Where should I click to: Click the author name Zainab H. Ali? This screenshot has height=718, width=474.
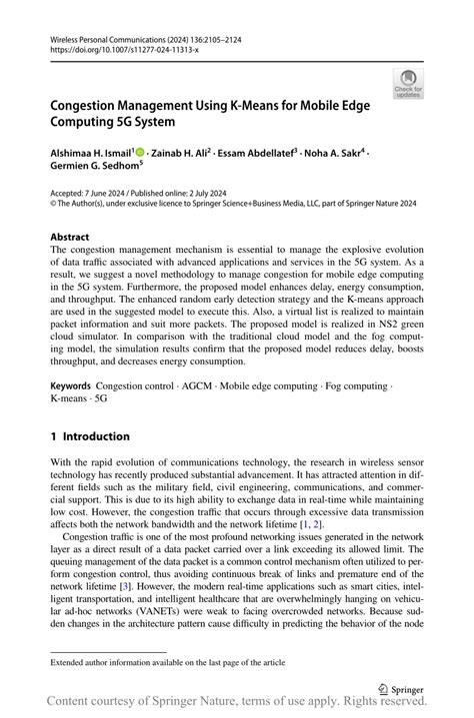[x=179, y=154]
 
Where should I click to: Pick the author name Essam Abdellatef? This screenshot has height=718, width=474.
[x=256, y=154]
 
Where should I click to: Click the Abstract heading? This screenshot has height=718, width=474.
[x=70, y=237]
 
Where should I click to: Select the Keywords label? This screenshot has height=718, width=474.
[x=71, y=384]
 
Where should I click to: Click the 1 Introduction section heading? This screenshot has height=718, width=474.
[x=90, y=436]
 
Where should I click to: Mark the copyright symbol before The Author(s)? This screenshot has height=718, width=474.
[x=54, y=201]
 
